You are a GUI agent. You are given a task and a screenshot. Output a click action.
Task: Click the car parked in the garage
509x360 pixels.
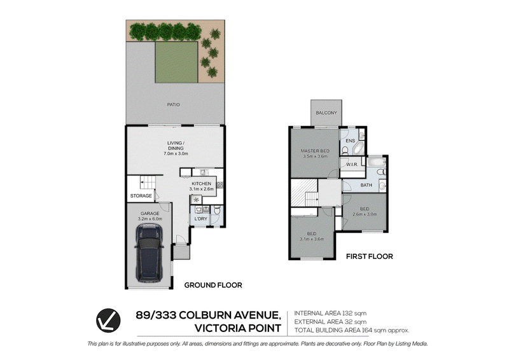[149, 254]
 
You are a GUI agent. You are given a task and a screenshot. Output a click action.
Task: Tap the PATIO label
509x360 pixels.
[173, 104]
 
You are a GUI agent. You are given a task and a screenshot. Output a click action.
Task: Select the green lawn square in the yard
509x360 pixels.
[176, 62]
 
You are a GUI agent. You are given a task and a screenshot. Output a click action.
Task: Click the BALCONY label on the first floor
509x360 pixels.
[326, 113]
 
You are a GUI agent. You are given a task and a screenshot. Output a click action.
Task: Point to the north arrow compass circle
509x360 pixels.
[108, 321]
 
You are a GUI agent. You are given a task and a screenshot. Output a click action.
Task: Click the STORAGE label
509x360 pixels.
[141, 196]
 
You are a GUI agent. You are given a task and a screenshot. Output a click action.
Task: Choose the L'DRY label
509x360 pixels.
[200, 219]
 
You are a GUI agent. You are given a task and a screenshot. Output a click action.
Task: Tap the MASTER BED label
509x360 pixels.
[315, 151]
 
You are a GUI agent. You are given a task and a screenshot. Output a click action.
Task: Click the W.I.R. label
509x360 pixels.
[352, 165]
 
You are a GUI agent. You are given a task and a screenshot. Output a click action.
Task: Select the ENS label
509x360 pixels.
[351, 141]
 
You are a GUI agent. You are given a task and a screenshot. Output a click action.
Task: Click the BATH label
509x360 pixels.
[366, 185]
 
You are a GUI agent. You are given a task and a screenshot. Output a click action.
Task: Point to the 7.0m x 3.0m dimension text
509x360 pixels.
[176, 153]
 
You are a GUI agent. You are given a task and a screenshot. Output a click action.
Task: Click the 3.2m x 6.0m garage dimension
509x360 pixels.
[150, 219]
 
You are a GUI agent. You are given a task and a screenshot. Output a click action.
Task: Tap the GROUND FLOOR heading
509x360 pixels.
[213, 285]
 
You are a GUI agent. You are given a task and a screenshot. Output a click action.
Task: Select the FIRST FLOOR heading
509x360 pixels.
[370, 256]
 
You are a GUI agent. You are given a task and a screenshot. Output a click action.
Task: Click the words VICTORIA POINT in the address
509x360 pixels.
[237, 328]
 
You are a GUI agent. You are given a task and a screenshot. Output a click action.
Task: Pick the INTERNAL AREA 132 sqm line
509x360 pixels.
[330, 314]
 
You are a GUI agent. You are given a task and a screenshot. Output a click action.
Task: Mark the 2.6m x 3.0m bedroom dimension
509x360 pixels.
[365, 214]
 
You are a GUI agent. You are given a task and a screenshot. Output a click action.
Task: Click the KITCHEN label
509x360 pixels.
[201, 184]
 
